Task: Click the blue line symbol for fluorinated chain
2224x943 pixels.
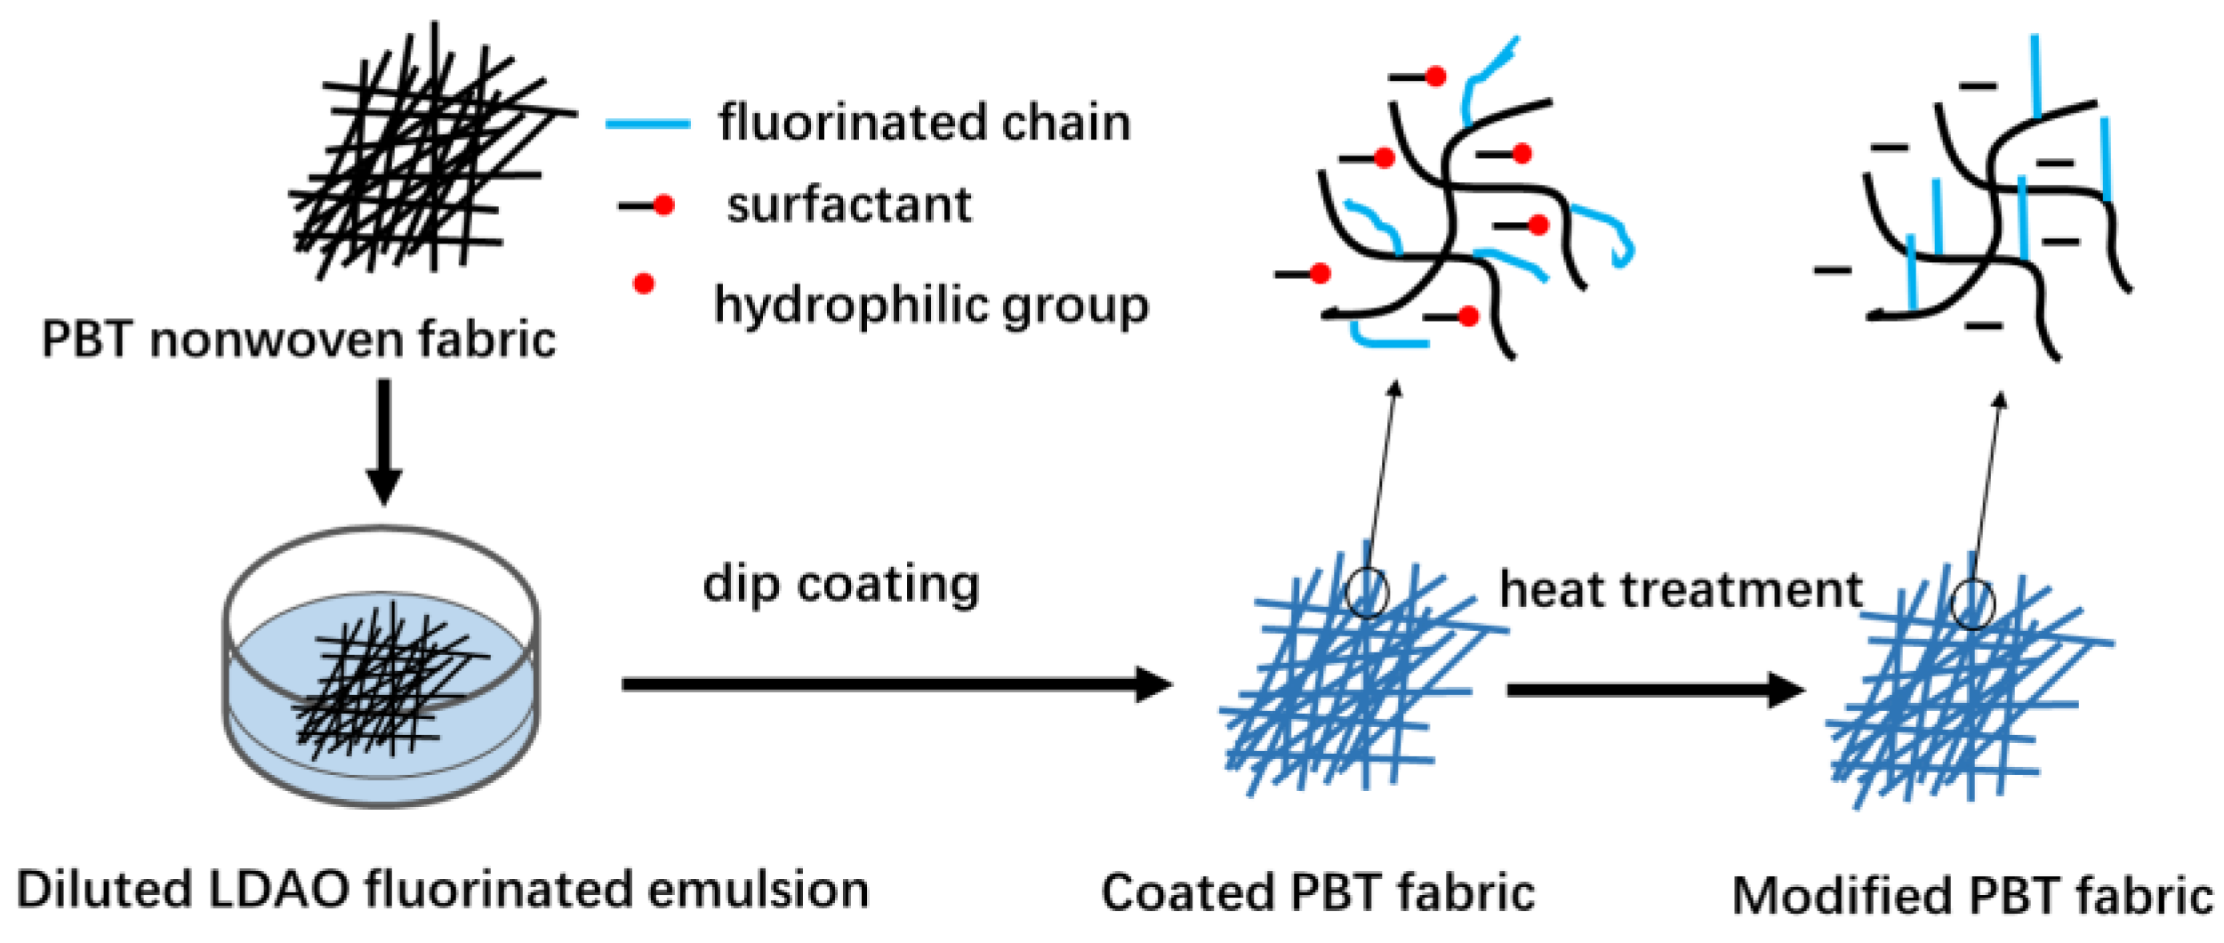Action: [x=647, y=124]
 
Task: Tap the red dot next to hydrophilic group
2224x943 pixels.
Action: [x=644, y=284]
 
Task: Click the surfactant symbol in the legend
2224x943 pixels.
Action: [x=647, y=205]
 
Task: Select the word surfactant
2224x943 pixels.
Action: [x=849, y=205]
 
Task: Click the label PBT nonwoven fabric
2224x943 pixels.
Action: [x=299, y=340]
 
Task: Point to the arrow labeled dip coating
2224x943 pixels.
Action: [x=896, y=684]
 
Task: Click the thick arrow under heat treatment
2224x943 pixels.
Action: [x=1655, y=691]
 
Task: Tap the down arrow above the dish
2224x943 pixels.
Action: [x=384, y=442]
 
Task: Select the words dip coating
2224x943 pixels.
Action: [x=841, y=585]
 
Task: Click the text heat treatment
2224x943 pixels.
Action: [x=1681, y=590]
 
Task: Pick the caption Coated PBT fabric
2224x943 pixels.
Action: [x=1318, y=893]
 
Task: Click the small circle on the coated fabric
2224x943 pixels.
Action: [x=1366, y=592]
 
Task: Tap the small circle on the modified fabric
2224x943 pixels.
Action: [x=1972, y=604]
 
